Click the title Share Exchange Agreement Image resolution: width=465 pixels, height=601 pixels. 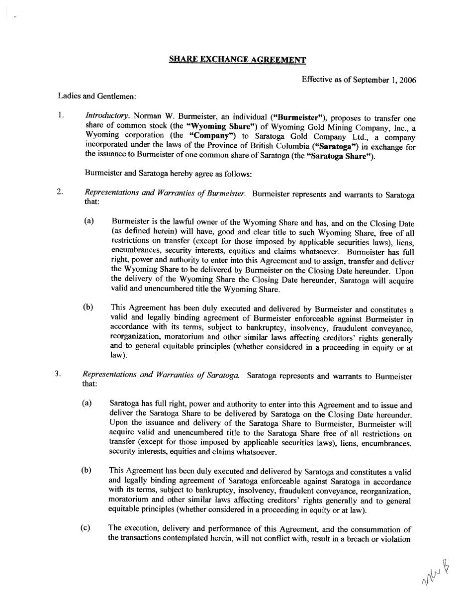[x=237, y=60]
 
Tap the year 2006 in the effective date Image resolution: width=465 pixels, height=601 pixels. [x=407, y=80]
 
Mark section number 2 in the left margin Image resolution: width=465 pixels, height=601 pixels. [x=60, y=193]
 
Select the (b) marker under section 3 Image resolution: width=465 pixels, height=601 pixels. [x=87, y=470]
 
